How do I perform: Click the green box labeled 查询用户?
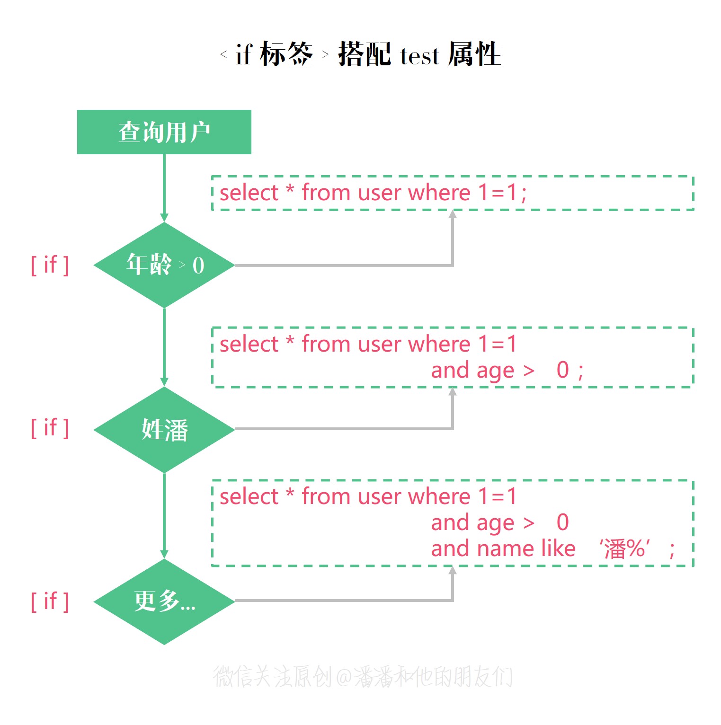point(164,132)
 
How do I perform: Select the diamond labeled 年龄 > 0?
point(164,265)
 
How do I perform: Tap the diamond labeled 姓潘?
point(164,430)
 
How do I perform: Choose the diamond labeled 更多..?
point(164,601)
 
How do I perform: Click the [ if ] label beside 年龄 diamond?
point(50,265)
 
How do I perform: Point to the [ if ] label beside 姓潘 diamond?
point(50,428)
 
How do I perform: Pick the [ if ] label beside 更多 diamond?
point(50,601)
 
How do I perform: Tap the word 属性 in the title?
point(474,54)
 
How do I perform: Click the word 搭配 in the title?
point(365,54)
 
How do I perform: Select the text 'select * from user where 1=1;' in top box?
point(373,193)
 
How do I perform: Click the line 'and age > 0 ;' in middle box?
point(507,370)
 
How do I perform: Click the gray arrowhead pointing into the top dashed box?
point(453,214)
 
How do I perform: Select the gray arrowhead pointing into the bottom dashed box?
point(453,570)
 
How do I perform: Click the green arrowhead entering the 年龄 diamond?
point(164,218)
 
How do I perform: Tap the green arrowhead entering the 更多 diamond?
point(164,554)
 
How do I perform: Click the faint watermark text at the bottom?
point(363,676)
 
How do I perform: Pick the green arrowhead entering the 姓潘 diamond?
point(164,382)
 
